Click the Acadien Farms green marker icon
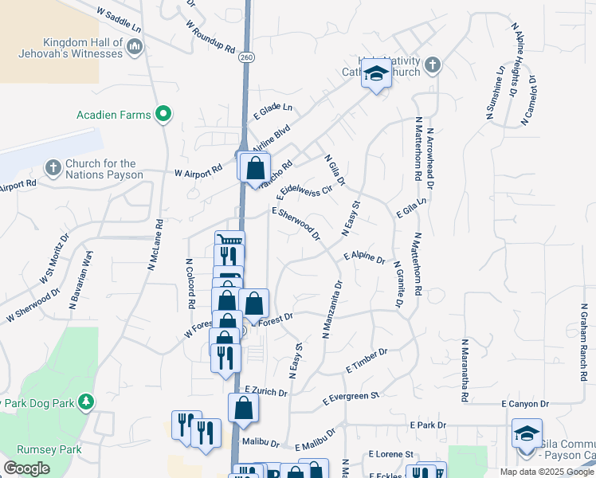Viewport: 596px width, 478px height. [164, 115]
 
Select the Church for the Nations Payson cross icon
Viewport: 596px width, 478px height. [53, 168]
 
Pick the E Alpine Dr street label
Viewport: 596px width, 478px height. [364, 257]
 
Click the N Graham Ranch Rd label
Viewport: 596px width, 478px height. [584, 331]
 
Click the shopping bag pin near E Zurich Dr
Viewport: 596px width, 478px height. [243, 408]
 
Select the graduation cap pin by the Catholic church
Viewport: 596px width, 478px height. [376, 75]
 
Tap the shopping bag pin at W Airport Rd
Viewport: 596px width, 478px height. [255, 168]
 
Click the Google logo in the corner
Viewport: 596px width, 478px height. [26, 468]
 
